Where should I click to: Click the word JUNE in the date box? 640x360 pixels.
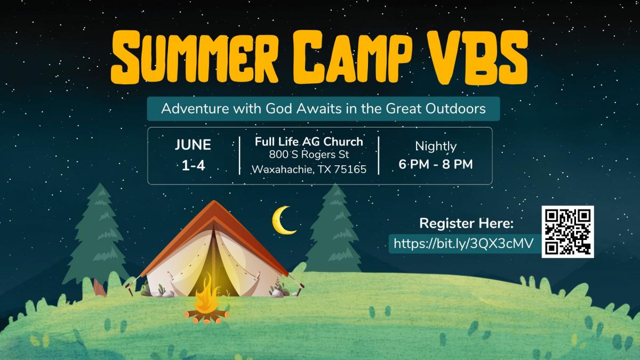[x=193, y=145]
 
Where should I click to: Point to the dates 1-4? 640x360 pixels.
[x=194, y=165]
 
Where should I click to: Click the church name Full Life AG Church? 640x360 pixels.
[x=309, y=142]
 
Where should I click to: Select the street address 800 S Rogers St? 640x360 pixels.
[x=309, y=155]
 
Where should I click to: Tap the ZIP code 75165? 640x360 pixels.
[x=350, y=170]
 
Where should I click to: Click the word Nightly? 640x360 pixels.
[x=436, y=147]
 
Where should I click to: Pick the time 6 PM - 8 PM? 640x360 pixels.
[x=436, y=164]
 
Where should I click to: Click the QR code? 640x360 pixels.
[x=567, y=231]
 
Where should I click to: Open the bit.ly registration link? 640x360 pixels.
[x=463, y=244]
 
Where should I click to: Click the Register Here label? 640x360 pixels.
[x=466, y=223]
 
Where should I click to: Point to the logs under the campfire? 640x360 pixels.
[x=207, y=316]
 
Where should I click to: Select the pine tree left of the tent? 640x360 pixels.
[x=97, y=237]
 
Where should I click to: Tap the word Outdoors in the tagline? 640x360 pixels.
[x=455, y=109]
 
